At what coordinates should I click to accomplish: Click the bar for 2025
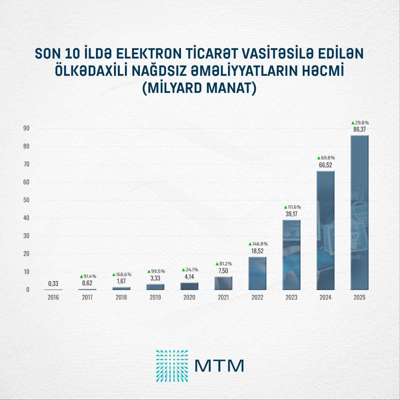(359, 212)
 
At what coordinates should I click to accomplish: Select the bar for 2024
(325, 230)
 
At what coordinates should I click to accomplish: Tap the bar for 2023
(291, 255)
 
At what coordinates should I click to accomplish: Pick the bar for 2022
(257, 273)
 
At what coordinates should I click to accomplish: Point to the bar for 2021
(223, 283)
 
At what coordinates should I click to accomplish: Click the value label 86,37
(359, 129)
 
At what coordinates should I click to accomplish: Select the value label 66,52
(325, 165)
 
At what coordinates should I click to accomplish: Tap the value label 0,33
(53, 284)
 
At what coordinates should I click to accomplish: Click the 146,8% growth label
(260, 244)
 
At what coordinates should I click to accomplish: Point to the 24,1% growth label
(192, 270)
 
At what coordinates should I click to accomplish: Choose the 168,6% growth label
(124, 275)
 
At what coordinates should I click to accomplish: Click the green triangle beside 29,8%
(353, 123)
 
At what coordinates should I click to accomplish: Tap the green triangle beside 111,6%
(285, 207)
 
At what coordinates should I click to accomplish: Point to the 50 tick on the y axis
(26, 200)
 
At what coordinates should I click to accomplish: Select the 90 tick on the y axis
(26, 128)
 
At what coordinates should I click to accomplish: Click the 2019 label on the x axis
(155, 297)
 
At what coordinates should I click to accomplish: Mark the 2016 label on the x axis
(53, 297)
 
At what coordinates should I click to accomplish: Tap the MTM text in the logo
(219, 366)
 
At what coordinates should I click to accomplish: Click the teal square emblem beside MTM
(172, 366)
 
